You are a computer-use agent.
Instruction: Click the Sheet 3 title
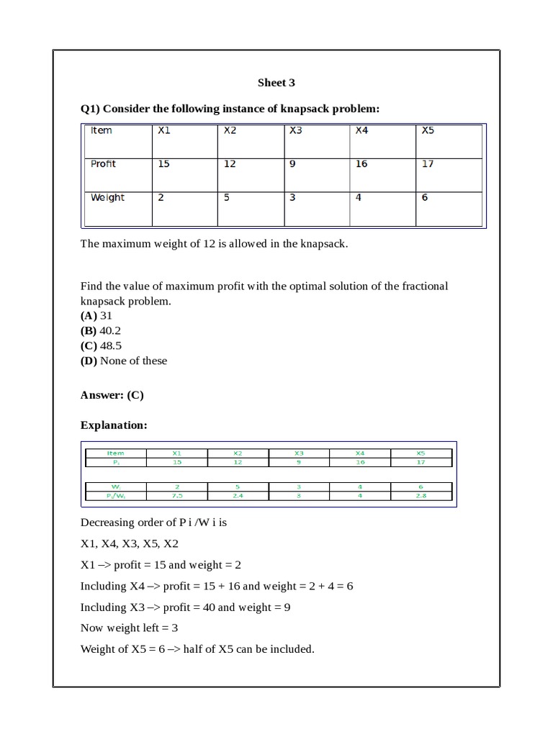(276, 83)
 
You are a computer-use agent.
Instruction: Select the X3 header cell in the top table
(296, 131)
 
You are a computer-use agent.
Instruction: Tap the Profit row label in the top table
(103, 164)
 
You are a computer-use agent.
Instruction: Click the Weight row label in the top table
(107, 198)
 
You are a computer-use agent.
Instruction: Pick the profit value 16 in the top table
(361, 164)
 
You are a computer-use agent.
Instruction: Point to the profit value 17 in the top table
(428, 164)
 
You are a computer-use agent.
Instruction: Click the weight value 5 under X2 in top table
(227, 198)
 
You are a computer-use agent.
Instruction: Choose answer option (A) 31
(96, 316)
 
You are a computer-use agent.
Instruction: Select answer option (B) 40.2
(101, 331)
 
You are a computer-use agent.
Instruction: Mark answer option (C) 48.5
(101, 346)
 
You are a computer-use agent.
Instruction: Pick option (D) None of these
(123, 361)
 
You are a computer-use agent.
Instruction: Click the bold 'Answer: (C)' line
(112, 395)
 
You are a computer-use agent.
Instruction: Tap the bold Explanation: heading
(114, 425)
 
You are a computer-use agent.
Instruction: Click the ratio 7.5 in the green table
(177, 496)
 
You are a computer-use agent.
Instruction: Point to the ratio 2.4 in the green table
(238, 496)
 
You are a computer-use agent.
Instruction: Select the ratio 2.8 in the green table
(421, 496)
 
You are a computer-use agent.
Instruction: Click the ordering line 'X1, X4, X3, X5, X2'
(129, 544)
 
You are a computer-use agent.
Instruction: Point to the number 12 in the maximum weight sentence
(210, 244)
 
